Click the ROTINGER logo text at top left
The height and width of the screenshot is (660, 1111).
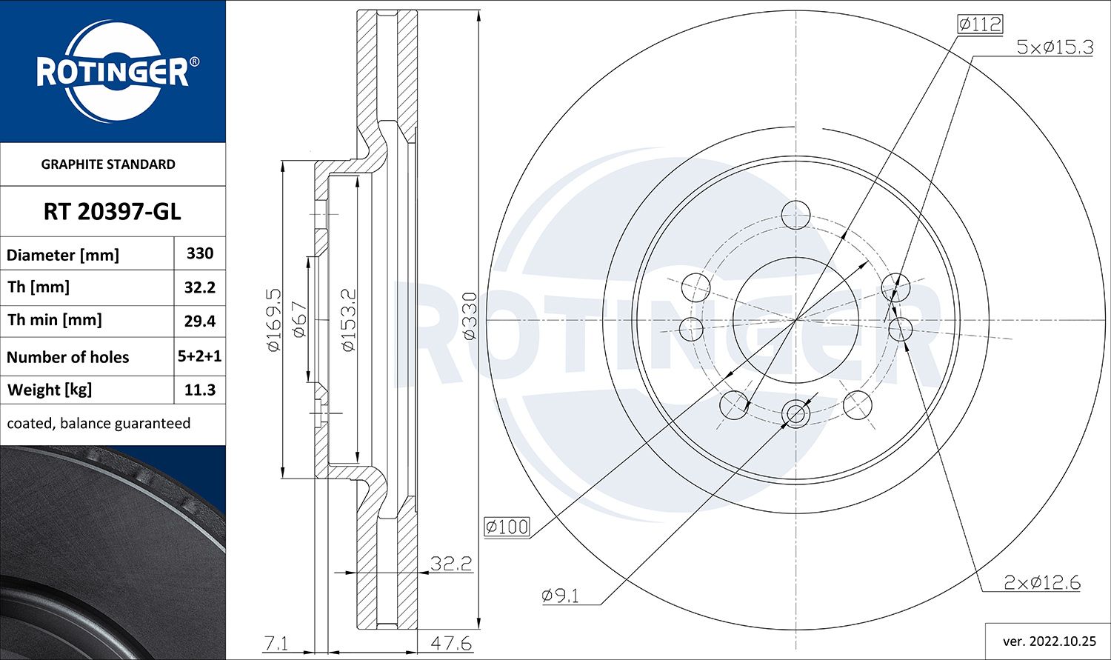click(112, 73)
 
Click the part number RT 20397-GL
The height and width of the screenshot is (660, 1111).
click(112, 212)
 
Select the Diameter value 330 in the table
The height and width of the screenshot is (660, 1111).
click(200, 253)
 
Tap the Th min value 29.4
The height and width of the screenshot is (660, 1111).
click(200, 321)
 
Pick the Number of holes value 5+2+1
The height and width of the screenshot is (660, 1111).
click(200, 356)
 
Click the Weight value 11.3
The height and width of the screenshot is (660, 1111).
click(200, 390)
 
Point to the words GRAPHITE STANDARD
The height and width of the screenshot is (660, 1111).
click(108, 164)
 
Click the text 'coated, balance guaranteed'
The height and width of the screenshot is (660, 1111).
click(99, 424)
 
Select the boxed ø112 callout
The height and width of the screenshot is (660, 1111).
click(979, 24)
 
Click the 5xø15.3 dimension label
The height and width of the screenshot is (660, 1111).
click(1055, 47)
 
